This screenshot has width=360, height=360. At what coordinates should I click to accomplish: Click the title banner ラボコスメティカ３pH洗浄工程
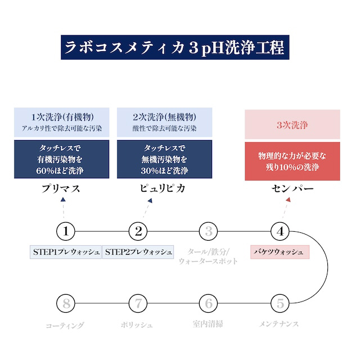coord(175,48)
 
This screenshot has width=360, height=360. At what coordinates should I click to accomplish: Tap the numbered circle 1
coord(66,231)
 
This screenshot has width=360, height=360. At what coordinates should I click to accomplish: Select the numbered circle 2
coord(138,231)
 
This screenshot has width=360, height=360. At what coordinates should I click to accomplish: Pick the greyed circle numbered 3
coord(209,231)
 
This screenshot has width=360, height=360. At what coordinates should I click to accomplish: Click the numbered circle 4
coord(280,231)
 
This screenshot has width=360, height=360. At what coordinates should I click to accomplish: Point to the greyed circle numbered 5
coord(280,304)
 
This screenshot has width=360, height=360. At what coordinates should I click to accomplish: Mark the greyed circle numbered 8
coord(66,304)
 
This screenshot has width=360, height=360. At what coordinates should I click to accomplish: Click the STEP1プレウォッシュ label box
coord(66,251)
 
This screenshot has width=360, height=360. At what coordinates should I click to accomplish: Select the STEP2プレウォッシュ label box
coord(138,251)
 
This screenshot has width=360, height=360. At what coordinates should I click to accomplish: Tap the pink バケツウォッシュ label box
coord(280,251)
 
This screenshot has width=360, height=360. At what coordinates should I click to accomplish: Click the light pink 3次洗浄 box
coord(292,124)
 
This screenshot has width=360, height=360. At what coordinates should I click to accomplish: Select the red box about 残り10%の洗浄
coord(292,160)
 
